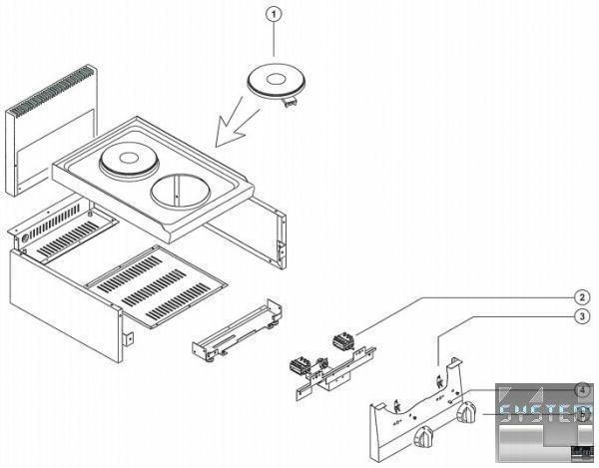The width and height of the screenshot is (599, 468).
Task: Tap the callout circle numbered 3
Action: [x=580, y=317]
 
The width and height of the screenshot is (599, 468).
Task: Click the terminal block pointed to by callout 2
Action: [x=344, y=339]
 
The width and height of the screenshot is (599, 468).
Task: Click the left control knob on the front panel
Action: [x=425, y=437]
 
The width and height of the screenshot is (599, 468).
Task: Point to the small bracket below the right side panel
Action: [x=235, y=330]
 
